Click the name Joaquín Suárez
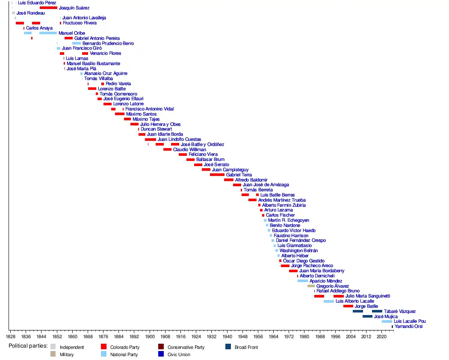(74, 8)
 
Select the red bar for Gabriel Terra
(217, 175)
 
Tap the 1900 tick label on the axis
(150, 336)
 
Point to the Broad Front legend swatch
(228, 347)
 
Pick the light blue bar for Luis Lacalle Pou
(387, 321)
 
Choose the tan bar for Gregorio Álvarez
(311, 286)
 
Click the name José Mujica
(386, 316)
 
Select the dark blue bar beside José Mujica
(367, 316)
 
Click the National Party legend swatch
(103, 354)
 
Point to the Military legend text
(67, 354)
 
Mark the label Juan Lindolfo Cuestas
(179, 139)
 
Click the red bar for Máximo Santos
(119, 114)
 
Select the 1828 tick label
(11, 336)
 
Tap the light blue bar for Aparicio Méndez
(302, 281)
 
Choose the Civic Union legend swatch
(161, 354)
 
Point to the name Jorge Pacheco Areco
(312, 266)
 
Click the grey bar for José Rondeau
(13, 13)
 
